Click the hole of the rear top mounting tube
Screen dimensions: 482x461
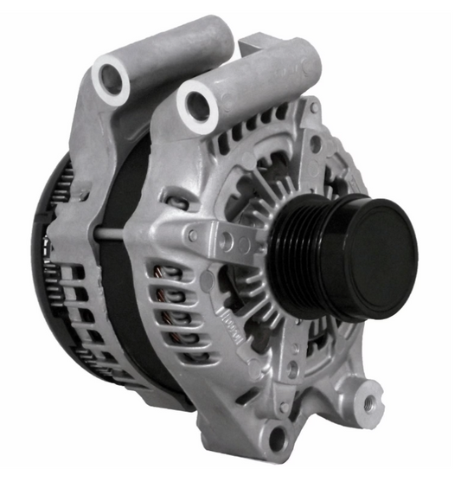[112, 79]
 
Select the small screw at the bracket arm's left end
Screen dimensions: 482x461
[192, 235]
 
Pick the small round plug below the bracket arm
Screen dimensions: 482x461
[208, 279]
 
